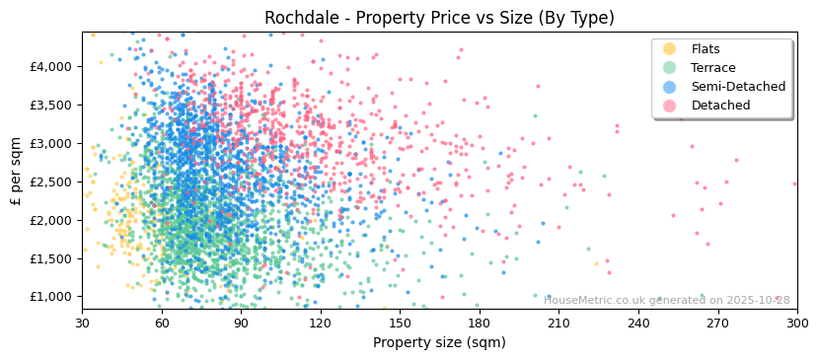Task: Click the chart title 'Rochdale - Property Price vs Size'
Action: click(x=439, y=18)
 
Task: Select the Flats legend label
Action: click(x=706, y=49)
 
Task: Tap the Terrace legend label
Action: click(x=712, y=68)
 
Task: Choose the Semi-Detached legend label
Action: click(x=738, y=87)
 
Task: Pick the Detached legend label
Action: click(x=720, y=106)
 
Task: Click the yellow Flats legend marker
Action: click(x=670, y=49)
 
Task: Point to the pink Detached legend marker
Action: click(x=670, y=106)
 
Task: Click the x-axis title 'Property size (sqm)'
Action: click(x=439, y=343)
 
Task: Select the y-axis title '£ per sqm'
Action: click(x=17, y=172)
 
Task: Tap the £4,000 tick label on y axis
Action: click(x=50, y=67)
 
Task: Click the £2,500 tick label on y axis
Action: click(x=50, y=181)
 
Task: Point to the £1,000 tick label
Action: click(x=50, y=297)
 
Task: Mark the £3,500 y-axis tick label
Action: click(x=50, y=106)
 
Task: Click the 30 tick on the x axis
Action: click(x=82, y=324)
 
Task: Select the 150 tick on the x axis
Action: click(x=400, y=324)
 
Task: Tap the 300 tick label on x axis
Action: click(x=796, y=324)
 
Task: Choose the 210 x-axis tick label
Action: click(x=558, y=324)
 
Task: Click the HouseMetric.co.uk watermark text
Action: click(x=666, y=300)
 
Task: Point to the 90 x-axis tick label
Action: click(x=241, y=324)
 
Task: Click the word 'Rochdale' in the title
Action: click(x=304, y=18)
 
